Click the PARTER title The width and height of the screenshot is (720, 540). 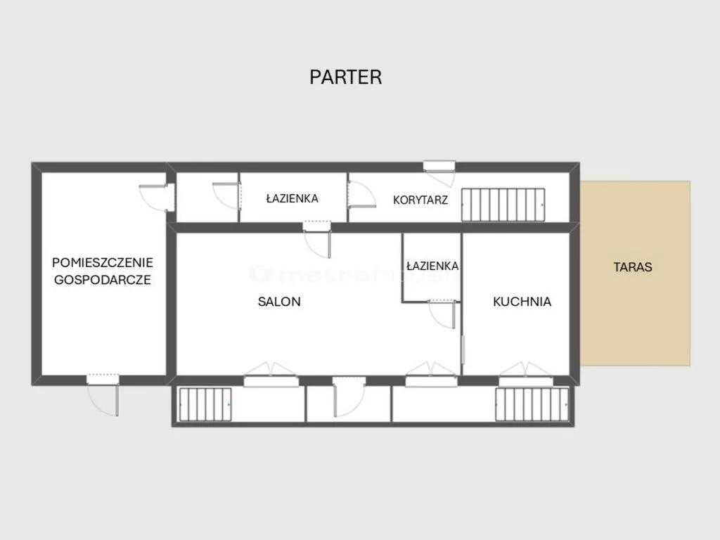[346, 77]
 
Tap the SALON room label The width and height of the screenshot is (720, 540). [279, 302]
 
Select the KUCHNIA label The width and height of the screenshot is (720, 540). [522, 302]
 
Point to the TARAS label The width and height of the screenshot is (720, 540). [633, 267]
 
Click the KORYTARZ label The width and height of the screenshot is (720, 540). [420, 200]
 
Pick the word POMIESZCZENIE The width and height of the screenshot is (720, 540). [103, 263]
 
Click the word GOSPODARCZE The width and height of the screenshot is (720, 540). [103, 280]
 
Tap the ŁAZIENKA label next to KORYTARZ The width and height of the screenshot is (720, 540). [292, 198]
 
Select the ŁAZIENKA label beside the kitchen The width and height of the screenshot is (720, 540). [432, 266]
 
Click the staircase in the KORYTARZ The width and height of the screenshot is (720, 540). [503, 205]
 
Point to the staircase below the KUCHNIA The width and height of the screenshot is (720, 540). [532, 404]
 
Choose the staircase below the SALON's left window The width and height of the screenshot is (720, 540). [205, 404]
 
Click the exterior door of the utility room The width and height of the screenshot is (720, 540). [103, 395]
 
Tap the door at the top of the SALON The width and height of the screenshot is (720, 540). [317, 239]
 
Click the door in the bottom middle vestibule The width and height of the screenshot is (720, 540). [349, 397]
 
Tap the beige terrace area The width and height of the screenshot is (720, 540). [635, 274]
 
